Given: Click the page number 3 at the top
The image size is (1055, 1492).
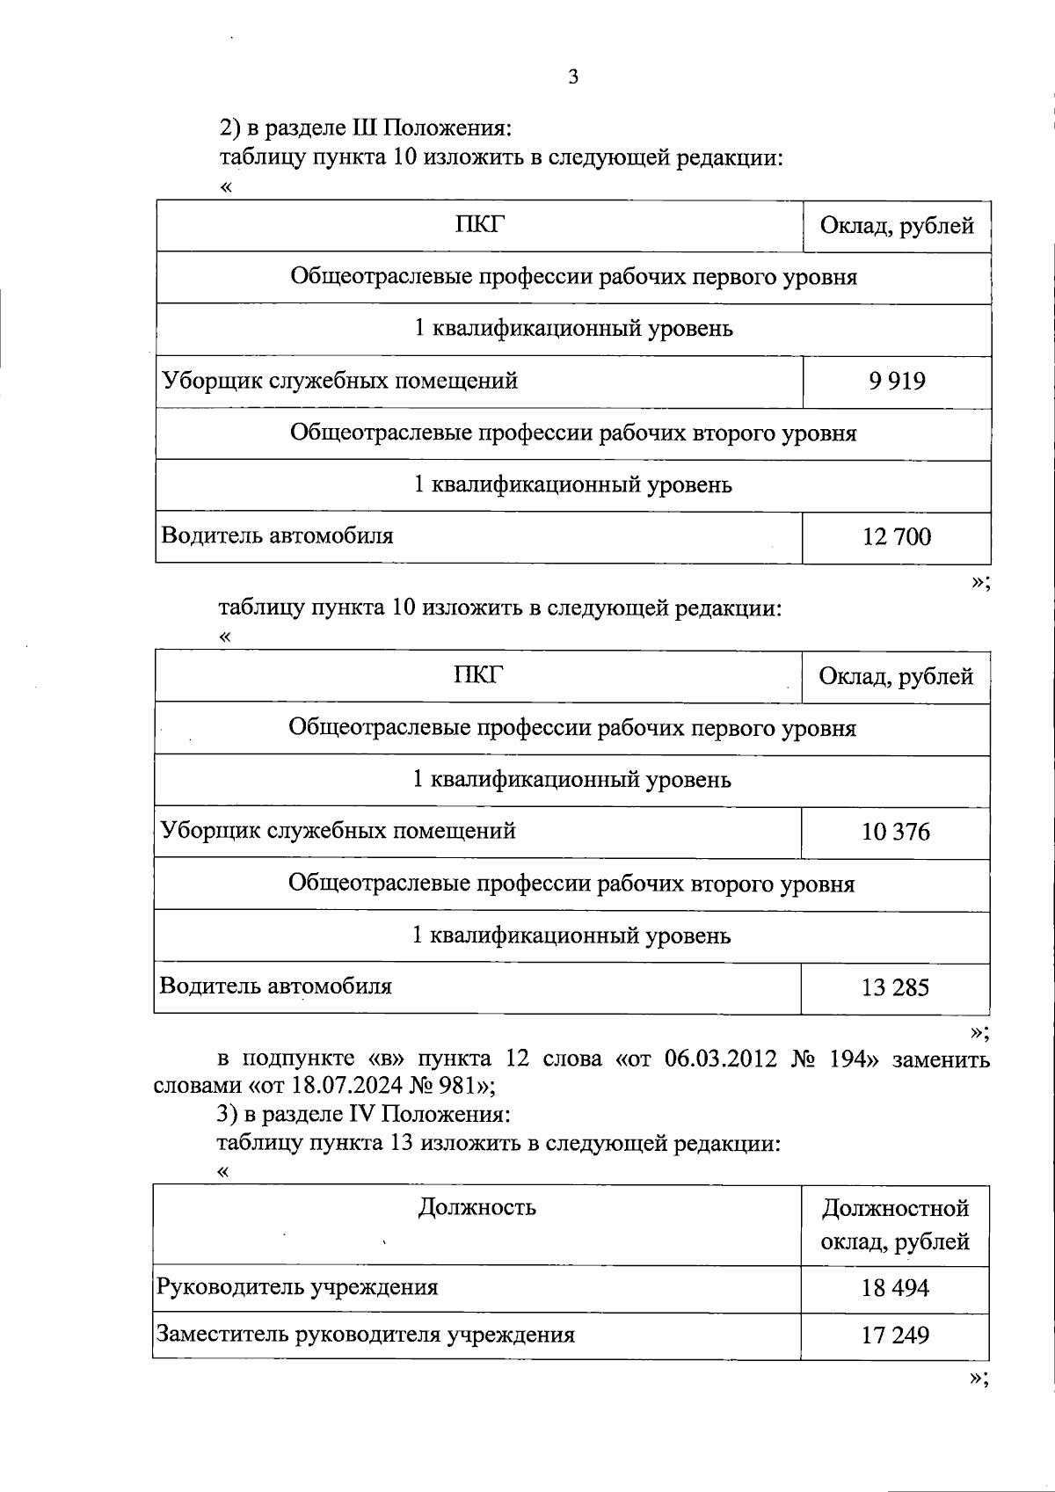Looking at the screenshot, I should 573,77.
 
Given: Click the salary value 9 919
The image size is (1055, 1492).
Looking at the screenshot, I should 897,382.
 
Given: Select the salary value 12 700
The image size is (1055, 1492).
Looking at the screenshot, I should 897,537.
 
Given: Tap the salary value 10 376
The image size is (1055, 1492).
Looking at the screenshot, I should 896,832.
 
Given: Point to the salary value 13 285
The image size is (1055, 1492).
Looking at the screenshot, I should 895,987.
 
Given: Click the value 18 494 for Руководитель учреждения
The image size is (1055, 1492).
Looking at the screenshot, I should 895,1289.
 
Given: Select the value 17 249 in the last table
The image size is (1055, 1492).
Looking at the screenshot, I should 895,1336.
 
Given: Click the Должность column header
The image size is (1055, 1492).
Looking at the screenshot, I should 477,1206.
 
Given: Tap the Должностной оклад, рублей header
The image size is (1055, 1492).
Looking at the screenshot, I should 895,1225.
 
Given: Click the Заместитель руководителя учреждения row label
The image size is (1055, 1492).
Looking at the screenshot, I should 365,1335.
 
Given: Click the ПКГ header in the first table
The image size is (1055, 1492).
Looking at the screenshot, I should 480,225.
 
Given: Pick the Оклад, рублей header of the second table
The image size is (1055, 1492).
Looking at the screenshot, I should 896,676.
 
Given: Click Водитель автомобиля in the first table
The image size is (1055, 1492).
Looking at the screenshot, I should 277,535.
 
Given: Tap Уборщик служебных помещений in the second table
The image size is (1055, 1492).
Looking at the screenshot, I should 338,831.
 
